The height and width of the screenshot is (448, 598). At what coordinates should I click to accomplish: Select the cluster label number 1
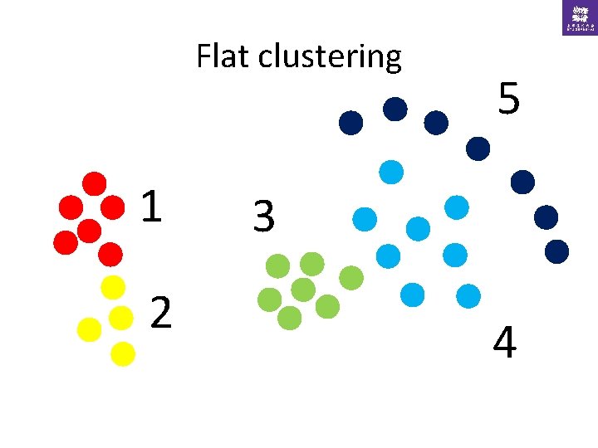[150, 207]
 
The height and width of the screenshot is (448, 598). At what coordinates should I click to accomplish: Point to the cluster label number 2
[162, 313]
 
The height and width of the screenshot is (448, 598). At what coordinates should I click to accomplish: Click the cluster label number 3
[263, 217]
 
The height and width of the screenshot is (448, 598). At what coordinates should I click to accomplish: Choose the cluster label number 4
[504, 343]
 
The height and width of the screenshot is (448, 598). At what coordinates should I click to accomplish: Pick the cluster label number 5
[509, 100]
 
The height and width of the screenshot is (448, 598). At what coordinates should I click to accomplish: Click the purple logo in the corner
[579, 17]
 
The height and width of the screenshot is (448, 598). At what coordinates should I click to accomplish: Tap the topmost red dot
[95, 183]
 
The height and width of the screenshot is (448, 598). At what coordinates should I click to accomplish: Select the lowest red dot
[110, 253]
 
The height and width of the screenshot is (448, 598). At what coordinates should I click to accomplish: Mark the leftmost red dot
[65, 241]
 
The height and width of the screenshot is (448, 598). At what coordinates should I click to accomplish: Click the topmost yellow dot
[112, 287]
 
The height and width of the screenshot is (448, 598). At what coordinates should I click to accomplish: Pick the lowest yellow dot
[122, 353]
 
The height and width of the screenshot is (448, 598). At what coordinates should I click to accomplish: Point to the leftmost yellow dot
[88, 329]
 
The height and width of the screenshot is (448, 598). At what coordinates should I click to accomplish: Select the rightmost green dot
[351, 277]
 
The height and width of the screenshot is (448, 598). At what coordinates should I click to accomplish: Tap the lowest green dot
[289, 318]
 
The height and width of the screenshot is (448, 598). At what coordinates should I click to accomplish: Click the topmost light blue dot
[390, 172]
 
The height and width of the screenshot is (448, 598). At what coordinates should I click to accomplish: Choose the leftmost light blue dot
[365, 219]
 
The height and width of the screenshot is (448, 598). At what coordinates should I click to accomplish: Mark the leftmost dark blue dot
[351, 123]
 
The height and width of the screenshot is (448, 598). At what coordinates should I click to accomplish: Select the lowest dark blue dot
[556, 251]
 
